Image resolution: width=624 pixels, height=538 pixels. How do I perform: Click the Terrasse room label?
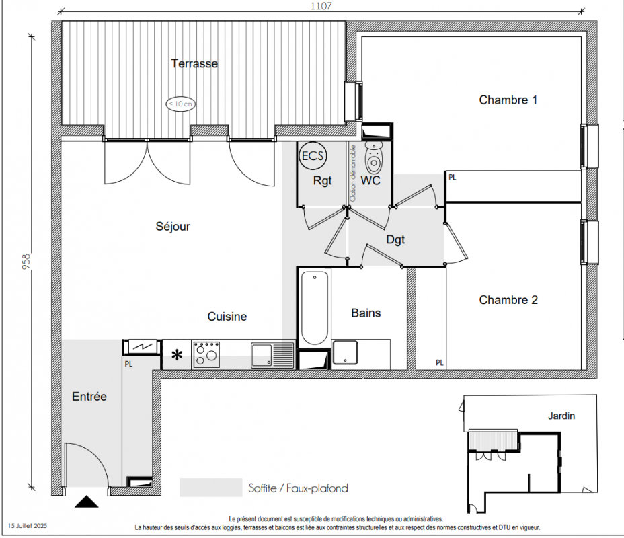point(194,63)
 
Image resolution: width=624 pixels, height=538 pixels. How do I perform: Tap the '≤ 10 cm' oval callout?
point(181,104)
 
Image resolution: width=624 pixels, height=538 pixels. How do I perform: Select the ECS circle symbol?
point(313,155)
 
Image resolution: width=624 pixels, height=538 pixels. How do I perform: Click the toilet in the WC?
point(373,157)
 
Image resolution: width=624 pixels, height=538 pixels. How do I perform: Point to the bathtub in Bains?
point(315,308)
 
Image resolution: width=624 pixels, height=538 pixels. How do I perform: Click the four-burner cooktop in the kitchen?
point(206,354)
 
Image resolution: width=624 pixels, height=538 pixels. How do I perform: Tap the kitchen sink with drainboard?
point(272,355)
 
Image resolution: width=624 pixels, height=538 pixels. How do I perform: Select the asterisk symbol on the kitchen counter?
point(177,355)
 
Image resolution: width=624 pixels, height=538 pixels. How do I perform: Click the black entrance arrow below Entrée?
point(86,502)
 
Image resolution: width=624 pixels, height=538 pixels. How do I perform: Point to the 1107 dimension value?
point(321,6)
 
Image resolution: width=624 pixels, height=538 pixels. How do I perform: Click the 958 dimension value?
point(26,262)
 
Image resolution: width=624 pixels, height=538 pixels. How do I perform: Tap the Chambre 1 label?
point(508,100)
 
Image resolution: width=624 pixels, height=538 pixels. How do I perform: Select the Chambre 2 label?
point(508,300)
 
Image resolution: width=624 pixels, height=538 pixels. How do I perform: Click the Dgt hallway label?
point(395,239)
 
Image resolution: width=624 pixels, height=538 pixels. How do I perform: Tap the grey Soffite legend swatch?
point(211,488)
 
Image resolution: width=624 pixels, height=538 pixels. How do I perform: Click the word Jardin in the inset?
point(561,416)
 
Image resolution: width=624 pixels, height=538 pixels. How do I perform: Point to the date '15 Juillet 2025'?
point(28,526)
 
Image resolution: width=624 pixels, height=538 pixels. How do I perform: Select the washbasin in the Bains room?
point(345,352)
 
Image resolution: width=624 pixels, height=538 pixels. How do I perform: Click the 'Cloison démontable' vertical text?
point(352,174)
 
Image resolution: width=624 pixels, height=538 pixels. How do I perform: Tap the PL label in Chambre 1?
point(452,177)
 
